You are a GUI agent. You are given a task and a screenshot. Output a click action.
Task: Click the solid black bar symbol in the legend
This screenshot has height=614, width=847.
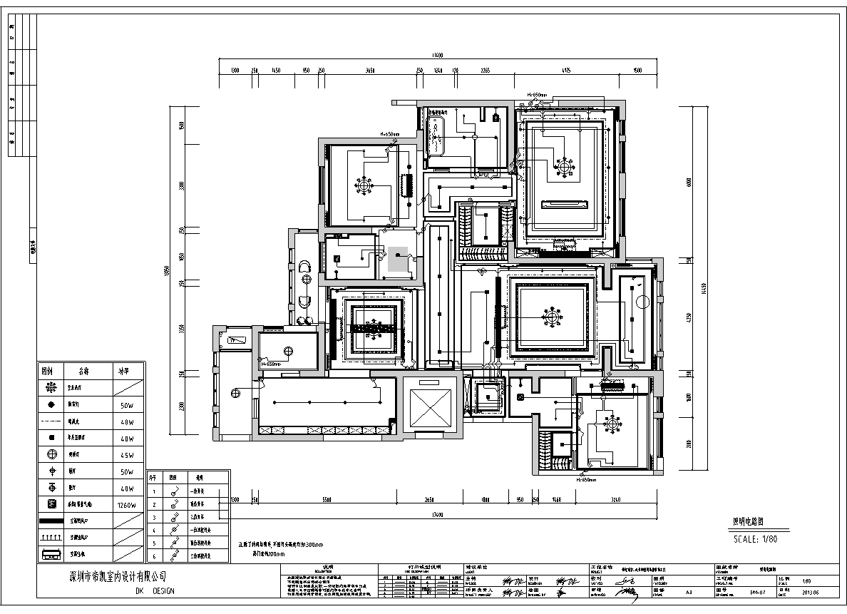point(51,521)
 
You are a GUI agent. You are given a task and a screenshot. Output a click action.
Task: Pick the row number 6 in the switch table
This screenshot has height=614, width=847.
point(153,555)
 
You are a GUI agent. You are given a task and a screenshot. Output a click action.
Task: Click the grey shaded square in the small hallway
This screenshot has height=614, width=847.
point(398,258)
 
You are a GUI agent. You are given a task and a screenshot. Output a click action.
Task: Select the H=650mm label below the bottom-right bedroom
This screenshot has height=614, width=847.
point(586,480)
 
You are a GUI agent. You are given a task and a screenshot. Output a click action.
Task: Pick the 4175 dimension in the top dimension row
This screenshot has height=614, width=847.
point(565,71)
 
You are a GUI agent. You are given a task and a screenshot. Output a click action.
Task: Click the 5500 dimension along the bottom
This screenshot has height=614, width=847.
point(327,498)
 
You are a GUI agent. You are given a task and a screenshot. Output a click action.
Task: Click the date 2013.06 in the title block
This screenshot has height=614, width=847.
point(811,591)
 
